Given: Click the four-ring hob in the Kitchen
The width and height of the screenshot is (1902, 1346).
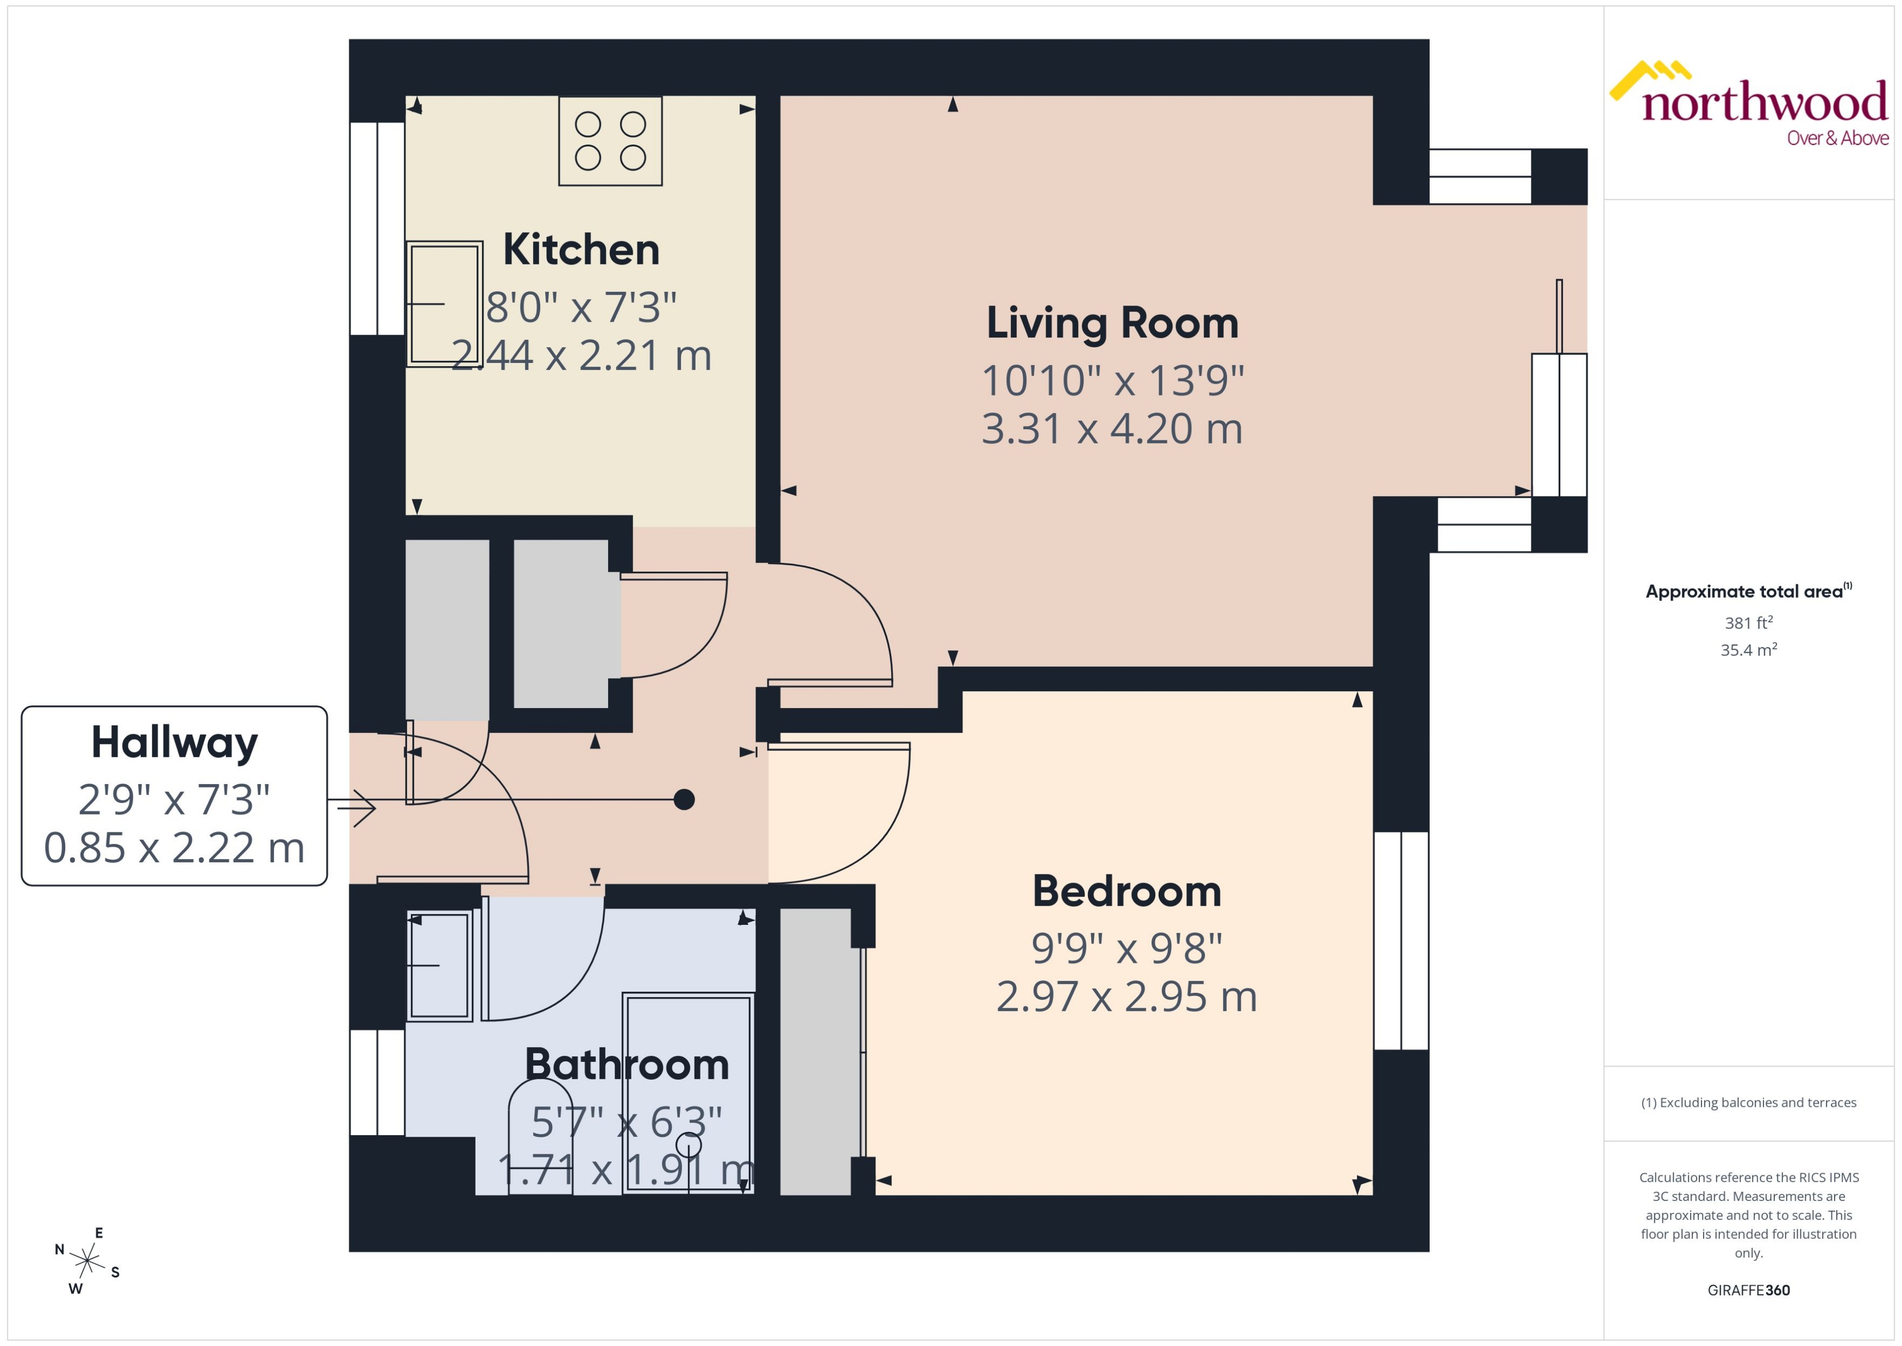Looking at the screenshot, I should click(x=610, y=141).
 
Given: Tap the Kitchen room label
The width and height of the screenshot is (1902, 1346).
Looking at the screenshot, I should click(x=581, y=249).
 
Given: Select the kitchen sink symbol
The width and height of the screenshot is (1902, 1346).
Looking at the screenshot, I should click(x=444, y=303).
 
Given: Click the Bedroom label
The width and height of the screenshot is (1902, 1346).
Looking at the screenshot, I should click(x=1127, y=892).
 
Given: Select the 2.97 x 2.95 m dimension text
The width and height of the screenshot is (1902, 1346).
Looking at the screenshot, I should click(x=1127, y=997).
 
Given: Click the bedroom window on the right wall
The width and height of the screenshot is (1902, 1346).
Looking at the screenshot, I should click(x=1400, y=941).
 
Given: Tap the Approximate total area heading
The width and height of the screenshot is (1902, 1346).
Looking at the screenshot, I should click(x=1744, y=592).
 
